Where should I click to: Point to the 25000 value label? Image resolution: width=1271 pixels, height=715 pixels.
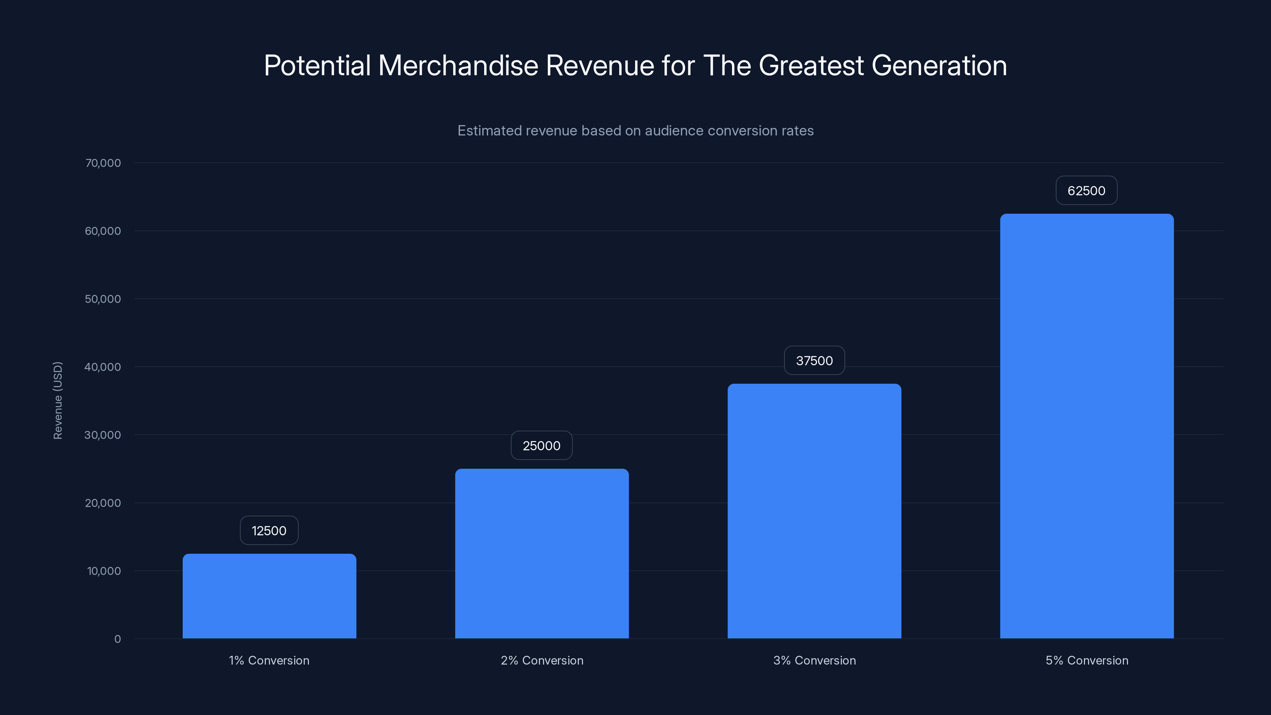coord(541,446)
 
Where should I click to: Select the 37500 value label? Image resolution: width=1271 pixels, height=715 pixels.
coord(814,361)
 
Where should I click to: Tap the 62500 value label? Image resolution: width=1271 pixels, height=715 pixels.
coord(1086,191)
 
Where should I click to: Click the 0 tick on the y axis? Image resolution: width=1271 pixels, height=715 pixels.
coord(118,639)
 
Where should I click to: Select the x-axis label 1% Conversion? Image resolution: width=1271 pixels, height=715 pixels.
coord(269,660)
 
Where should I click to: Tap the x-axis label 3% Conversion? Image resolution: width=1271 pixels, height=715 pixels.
coord(814,660)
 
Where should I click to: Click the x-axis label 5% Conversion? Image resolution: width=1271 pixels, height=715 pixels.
coord(1086,660)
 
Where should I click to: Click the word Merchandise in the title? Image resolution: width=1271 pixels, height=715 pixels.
coord(458,66)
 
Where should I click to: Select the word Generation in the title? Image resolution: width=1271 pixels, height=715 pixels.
coord(939,66)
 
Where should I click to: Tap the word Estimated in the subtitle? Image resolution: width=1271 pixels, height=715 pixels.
coord(489,131)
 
